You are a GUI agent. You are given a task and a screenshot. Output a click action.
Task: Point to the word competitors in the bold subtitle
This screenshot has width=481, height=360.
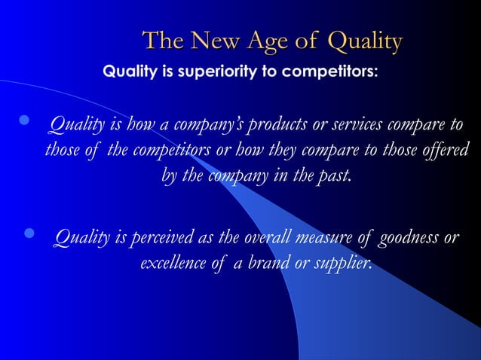[x=333, y=74]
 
